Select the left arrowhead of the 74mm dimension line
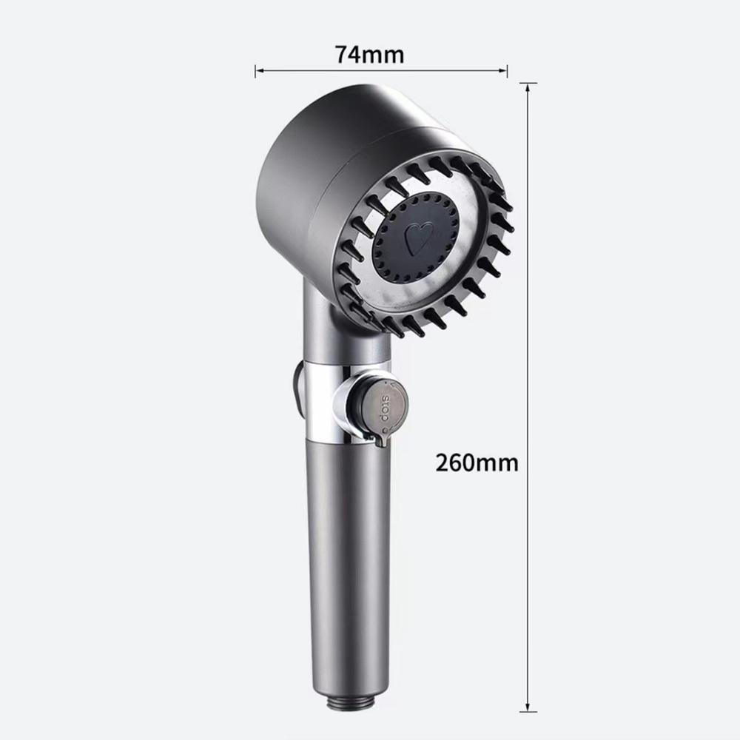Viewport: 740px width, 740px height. (258, 72)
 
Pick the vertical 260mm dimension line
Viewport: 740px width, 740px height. (527, 296)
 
